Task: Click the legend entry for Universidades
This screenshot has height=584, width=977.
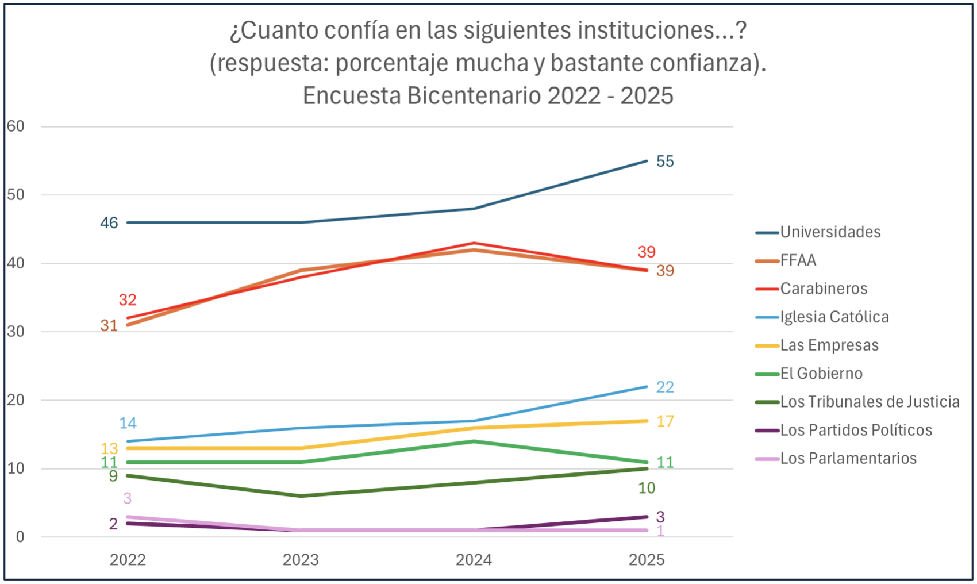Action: [x=830, y=232]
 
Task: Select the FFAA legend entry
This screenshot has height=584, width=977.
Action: [x=798, y=260]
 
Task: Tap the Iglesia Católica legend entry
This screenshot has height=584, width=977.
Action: [x=834, y=317]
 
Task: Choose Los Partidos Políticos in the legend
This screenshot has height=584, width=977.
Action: [x=856, y=430]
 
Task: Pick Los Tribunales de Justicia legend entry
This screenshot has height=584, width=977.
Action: [x=870, y=402]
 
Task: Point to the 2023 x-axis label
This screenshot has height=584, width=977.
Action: [x=301, y=560]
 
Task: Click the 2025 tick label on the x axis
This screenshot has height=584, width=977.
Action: [x=647, y=560]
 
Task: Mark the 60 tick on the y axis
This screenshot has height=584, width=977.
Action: [x=16, y=126]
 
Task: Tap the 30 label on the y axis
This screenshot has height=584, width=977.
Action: [x=16, y=332]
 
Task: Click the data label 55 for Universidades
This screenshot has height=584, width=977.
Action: [x=665, y=162]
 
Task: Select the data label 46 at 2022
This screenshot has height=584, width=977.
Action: [x=109, y=223]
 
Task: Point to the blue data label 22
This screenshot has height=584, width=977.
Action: [x=665, y=387]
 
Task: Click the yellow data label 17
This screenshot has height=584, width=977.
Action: [x=665, y=421]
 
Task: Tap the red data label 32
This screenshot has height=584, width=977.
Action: [x=128, y=300]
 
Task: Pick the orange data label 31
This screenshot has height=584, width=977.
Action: [x=109, y=326]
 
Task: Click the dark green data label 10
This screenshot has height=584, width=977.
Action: [x=647, y=489]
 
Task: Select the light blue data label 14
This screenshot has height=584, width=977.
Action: [x=128, y=424]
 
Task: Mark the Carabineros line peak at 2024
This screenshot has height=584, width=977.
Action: [x=474, y=243]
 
